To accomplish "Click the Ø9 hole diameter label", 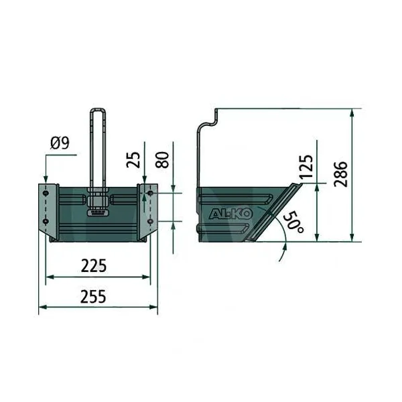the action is [x=60, y=143].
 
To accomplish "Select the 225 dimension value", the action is [x=94, y=266].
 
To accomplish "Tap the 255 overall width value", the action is [x=93, y=297].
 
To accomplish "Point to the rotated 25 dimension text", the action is [x=133, y=159].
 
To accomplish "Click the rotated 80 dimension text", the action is [x=163, y=159].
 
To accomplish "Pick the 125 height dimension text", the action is [x=306, y=167].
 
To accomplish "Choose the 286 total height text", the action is [x=341, y=174].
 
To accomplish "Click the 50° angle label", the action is [x=294, y=222].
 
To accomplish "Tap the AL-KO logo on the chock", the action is [x=230, y=214].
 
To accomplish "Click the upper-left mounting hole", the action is [x=46, y=193].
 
